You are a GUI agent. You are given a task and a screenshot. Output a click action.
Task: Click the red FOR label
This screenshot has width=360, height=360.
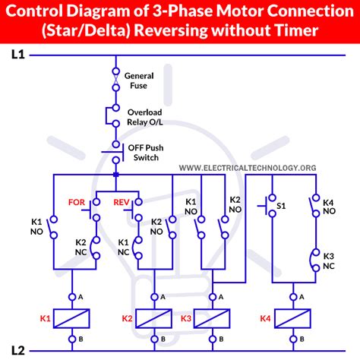77,202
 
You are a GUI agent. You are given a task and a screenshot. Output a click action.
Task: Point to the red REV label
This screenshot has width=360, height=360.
122,202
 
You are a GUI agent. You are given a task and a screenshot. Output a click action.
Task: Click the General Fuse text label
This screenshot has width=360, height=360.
139,81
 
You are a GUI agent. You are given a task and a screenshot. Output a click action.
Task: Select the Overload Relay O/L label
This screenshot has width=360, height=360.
145,117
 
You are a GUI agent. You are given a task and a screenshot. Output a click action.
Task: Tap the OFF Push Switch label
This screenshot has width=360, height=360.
146,153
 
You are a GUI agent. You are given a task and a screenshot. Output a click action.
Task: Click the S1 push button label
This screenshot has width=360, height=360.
281,206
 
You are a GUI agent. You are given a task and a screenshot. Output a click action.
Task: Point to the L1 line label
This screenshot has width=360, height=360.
18,55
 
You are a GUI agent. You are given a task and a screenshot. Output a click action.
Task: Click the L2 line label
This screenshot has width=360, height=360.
18,350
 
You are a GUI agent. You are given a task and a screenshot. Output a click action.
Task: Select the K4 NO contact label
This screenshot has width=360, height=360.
329,207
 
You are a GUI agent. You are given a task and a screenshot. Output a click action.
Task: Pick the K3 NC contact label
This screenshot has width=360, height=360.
329,261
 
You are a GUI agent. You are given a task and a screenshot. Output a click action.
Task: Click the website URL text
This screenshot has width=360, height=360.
248,168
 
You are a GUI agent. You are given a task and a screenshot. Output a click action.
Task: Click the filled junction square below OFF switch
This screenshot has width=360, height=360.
116,175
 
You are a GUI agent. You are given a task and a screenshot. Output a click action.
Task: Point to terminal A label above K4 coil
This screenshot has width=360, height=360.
302,297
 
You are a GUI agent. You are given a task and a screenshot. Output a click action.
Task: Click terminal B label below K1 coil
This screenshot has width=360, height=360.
81,339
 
